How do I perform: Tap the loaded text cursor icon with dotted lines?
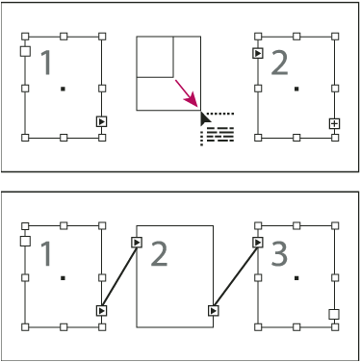click(x=218, y=129)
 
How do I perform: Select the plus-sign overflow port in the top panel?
click(x=334, y=123)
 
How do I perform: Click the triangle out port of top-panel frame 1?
click(x=103, y=121)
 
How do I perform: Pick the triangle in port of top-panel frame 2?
click(x=257, y=54)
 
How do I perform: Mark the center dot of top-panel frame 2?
click(x=296, y=89)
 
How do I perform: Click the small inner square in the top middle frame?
click(x=155, y=57)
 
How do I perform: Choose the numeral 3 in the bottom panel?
click(x=279, y=255)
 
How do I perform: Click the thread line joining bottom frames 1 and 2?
click(x=119, y=277)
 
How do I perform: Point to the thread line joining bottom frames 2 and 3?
click(x=234, y=277)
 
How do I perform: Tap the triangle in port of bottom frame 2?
click(x=137, y=243)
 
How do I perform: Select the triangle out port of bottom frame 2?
click(x=212, y=311)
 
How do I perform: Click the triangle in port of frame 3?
click(x=257, y=243)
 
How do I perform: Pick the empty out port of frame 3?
click(x=334, y=314)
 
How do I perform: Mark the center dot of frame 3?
click(x=296, y=278)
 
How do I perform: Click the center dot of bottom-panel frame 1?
click(x=63, y=278)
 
